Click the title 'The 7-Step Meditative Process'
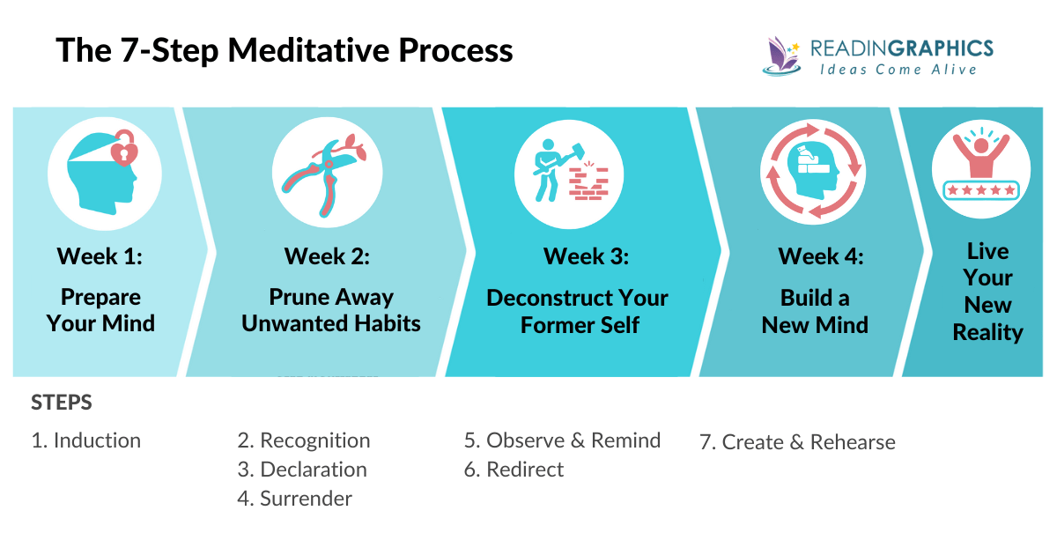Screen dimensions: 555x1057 coord(284,50)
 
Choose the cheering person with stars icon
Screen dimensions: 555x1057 coord(980,167)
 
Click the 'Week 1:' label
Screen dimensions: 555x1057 coord(100,256)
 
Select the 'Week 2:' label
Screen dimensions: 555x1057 coord(327,256)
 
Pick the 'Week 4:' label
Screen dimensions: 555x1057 coord(821,256)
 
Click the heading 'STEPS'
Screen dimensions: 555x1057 coord(62,403)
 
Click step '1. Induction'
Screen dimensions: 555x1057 coord(85,440)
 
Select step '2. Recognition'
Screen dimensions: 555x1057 coord(303,440)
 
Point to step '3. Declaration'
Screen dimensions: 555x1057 coord(301,469)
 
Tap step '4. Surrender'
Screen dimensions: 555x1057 coord(294,498)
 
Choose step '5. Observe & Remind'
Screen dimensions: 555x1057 coord(562,440)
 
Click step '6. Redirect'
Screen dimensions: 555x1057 coord(514,469)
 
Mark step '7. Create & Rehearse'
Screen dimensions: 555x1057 coord(797,441)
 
